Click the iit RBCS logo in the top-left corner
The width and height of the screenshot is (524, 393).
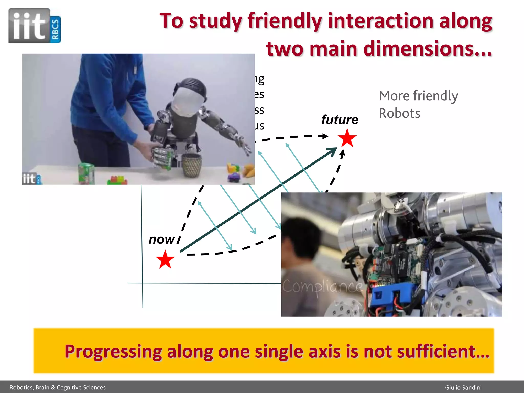pyautogui.click(x=35, y=26)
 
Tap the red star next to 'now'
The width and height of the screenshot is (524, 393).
pyautogui.click(x=165, y=260)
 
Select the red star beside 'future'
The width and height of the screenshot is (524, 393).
pyautogui.click(x=347, y=138)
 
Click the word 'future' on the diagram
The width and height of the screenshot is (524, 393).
pyautogui.click(x=340, y=120)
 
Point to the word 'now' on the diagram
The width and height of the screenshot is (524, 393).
pyautogui.click(x=162, y=240)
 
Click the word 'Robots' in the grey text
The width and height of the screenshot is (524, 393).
pyautogui.click(x=399, y=113)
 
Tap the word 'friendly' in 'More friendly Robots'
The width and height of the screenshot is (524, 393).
pyautogui.click(x=435, y=96)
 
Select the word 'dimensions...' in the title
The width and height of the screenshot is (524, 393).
pyautogui.click(x=427, y=49)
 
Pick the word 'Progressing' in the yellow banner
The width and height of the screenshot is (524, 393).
pyautogui.click(x=113, y=352)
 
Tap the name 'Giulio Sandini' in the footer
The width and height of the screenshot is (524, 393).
pyautogui.click(x=463, y=387)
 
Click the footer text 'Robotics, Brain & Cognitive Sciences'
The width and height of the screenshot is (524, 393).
pyautogui.click(x=58, y=387)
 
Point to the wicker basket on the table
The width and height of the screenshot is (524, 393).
pyautogui.click(x=192, y=165)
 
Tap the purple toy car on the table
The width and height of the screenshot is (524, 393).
pyautogui.click(x=234, y=177)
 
